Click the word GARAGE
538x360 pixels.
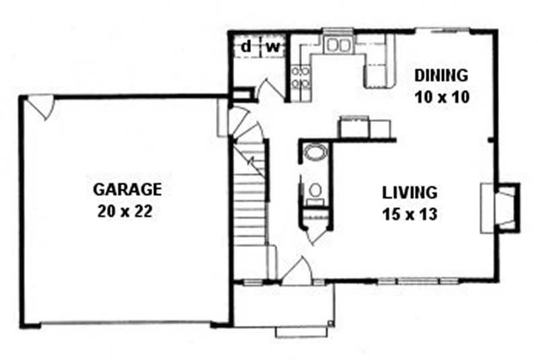127,189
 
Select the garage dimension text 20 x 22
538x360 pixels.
127,211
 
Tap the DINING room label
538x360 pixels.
440,75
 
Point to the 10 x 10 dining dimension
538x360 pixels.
441,96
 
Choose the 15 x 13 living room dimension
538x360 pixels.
410,215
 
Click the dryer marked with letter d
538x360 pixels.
246,47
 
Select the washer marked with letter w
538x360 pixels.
273,47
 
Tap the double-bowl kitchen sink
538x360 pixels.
336,46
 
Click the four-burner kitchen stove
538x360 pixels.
300,77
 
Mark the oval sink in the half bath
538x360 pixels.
314,152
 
